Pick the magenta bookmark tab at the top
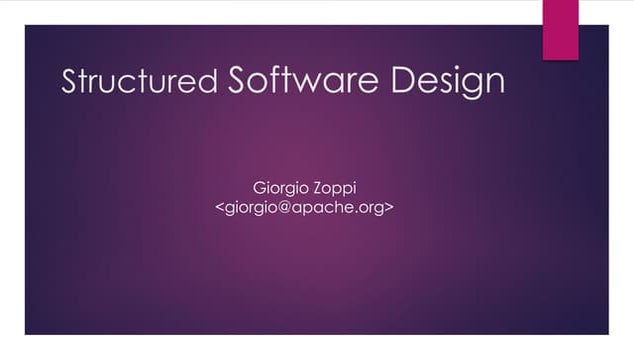coord(560,28)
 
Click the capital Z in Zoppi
coord(321,187)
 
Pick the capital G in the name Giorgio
coord(263,187)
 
